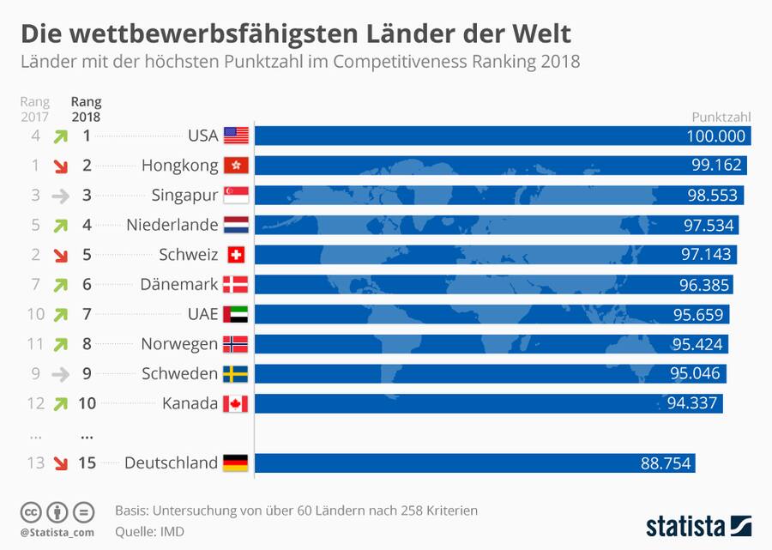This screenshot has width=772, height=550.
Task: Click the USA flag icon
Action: pyautogui.click(x=236, y=136)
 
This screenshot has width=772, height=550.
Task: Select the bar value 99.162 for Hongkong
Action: pyautogui.click(x=713, y=166)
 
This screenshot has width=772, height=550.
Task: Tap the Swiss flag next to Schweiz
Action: pyautogui.click(x=236, y=255)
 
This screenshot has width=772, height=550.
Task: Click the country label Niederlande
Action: pyautogui.click(x=172, y=225)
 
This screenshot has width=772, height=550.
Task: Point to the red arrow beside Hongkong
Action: pyautogui.click(x=60, y=166)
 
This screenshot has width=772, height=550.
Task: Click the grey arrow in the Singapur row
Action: pyautogui.click(x=60, y=196)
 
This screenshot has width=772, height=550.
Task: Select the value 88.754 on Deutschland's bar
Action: pyautogui.click(x=666, y=463)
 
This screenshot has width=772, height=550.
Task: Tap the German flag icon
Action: pyautogui.click(x=236, y=463)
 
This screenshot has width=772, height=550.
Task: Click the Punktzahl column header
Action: pyautogui.click(x=721, y=118)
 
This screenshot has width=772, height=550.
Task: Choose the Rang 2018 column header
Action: pyautogui.click(x=86, y=109)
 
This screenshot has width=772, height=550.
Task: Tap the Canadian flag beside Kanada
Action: pyautogui.click(x=236, y=403)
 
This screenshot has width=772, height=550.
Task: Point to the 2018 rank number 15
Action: pyautogui.click(x=86, y=463)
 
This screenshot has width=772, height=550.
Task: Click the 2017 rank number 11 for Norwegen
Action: pyautogui.click(x=35, y=344)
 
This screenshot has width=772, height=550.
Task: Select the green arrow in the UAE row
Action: pyautogui.click(x=60, y=314)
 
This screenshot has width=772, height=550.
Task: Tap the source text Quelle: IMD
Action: pyautogui.click(x=149, y=532)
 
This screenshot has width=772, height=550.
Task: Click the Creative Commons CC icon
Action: pyautogui.click(x=31, y=512)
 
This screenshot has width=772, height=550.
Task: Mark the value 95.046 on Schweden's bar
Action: pyautogui.click(x=697, y=374)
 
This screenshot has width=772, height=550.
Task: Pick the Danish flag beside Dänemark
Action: pyautogui.click(x=236, y=285)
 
